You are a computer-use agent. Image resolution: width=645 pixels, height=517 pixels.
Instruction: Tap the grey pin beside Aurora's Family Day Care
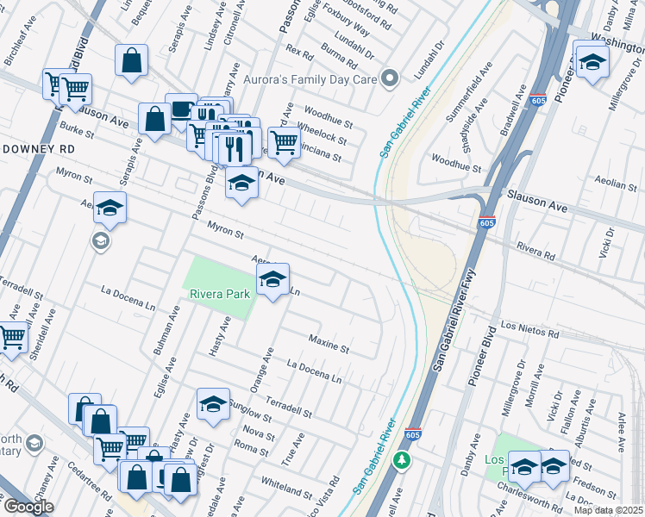391,78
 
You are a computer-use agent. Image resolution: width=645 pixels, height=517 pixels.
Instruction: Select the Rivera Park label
220,294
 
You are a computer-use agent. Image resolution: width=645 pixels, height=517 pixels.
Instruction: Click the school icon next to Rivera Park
272,279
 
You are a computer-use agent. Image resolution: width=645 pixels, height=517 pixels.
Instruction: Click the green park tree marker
401,460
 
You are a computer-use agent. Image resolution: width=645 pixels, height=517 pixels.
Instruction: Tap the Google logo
28,507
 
